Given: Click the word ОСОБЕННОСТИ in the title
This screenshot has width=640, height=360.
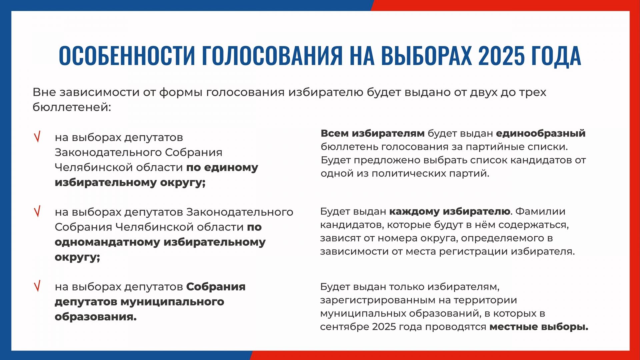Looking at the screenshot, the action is [x=127, y=56].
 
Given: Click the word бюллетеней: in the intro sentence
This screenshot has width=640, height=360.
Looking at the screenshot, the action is [x=72, y=107].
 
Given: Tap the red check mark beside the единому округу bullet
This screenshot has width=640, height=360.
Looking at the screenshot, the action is [x=37, y=137].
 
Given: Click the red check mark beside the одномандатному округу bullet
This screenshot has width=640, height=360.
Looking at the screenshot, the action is [x=37, y=211].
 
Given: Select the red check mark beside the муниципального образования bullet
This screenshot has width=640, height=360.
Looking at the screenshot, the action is [x=37, y=286].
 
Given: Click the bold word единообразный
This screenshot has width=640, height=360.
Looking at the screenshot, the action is [x=541, y=134].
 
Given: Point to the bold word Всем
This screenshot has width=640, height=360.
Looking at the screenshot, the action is [x=335, y=133].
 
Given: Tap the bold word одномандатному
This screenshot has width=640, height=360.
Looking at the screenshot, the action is [x=107, y=242].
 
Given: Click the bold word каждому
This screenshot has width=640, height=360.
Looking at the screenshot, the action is [x=414, y=212].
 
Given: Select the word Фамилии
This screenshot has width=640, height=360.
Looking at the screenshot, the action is [x=540, y=211].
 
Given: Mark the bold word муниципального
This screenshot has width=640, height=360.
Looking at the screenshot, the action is [x=172, y=302].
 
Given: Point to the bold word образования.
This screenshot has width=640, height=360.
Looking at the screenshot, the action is [x=96, y=317].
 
